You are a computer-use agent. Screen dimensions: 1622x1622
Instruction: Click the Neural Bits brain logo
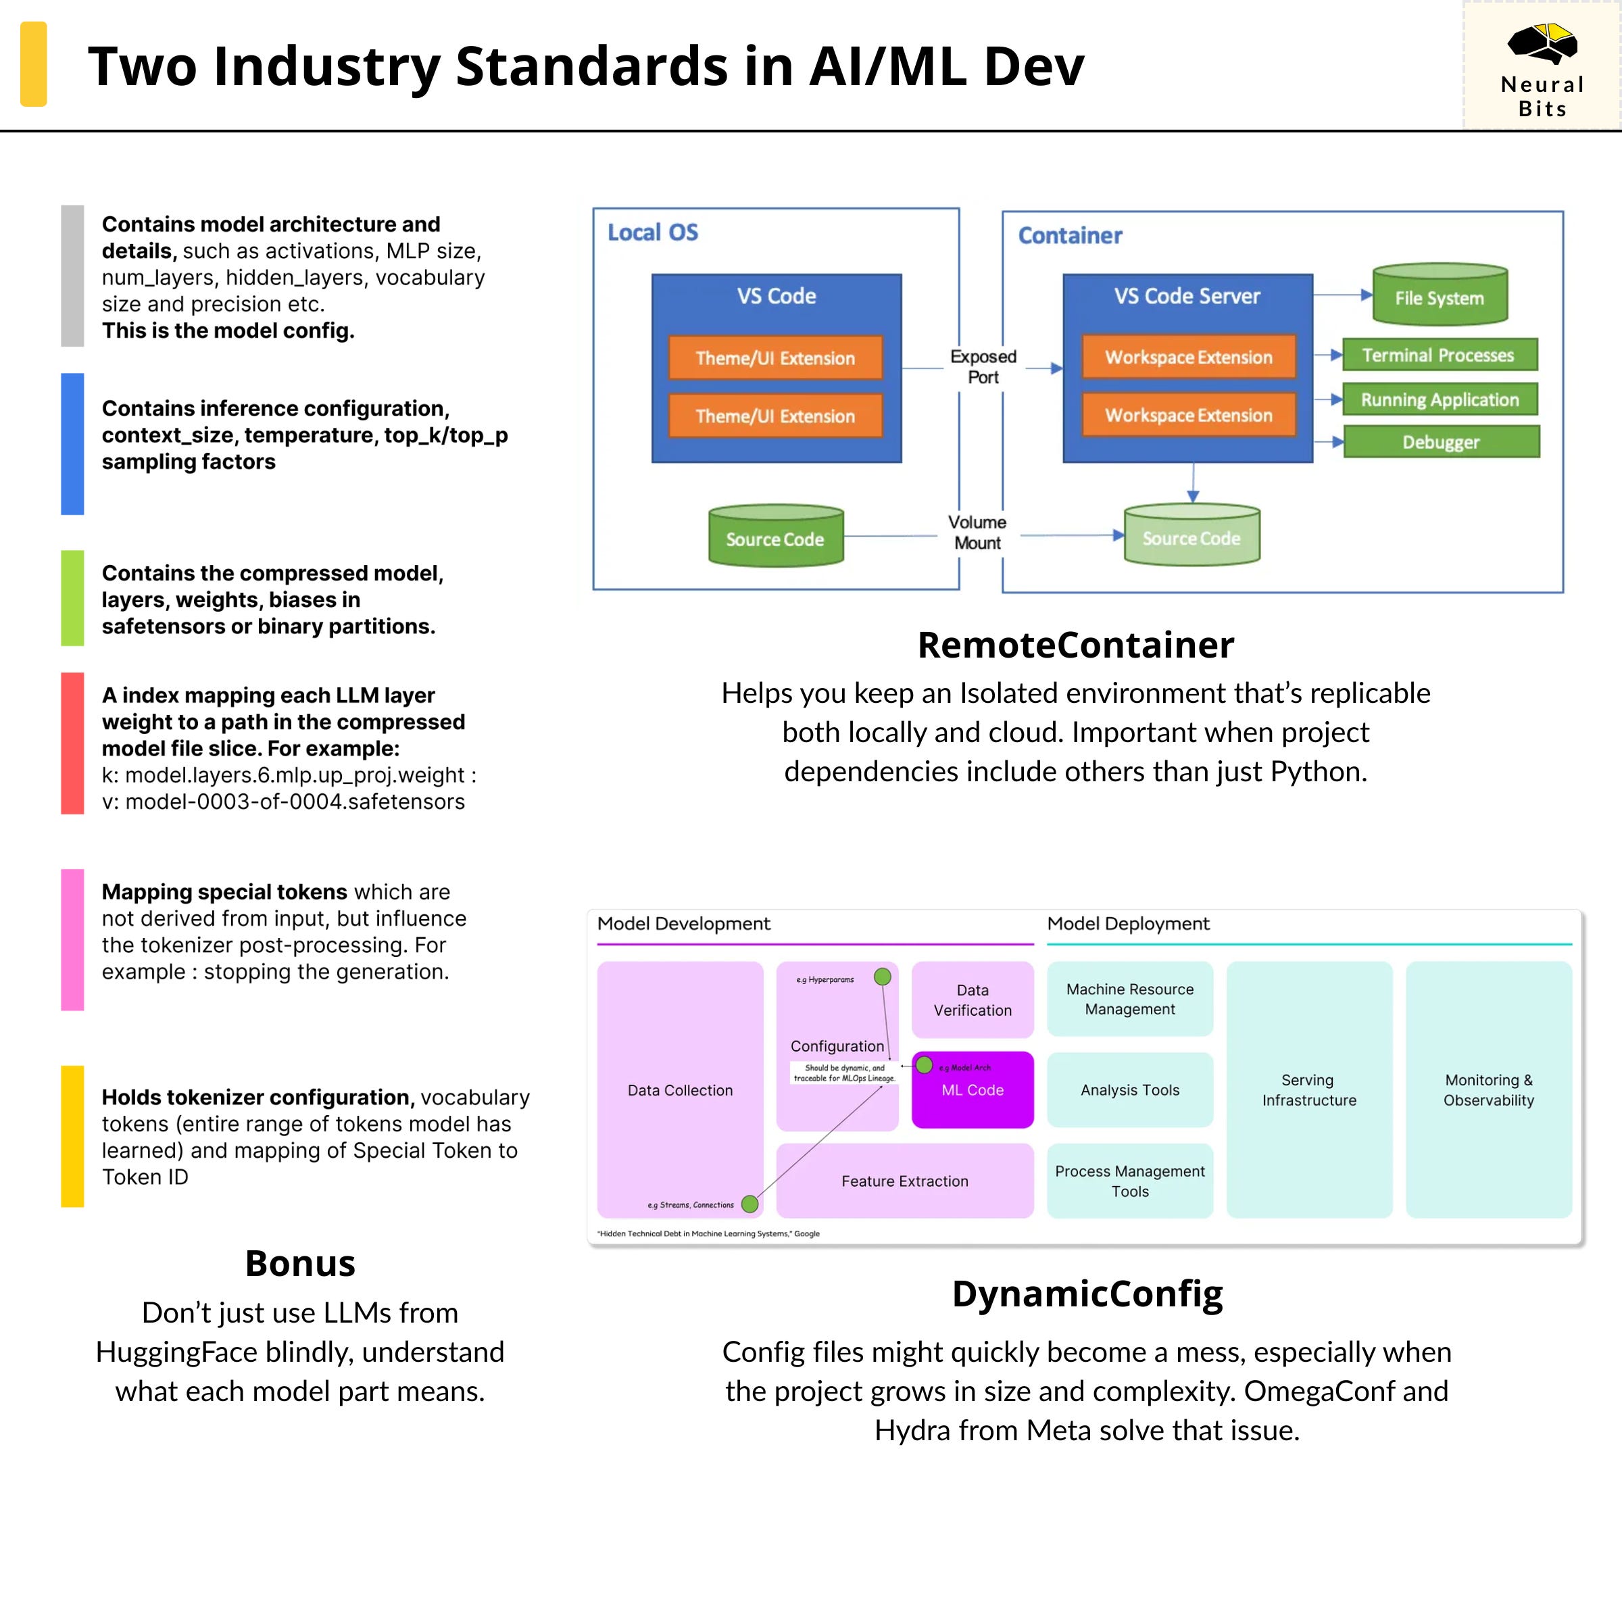pos(1542,44)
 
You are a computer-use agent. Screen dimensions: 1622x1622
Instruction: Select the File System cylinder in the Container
pos(1439,295)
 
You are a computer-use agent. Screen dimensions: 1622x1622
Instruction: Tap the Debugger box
pos(1441,441)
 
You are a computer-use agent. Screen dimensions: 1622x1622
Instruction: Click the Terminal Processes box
pos(1439,355)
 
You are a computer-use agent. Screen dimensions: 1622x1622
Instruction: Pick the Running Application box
pos(1439,399)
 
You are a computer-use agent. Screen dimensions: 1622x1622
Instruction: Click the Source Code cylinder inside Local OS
pos(775,537)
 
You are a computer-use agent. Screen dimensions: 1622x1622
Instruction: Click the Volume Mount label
pos(977,533)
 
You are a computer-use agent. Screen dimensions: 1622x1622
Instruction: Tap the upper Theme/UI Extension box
pos(775,358)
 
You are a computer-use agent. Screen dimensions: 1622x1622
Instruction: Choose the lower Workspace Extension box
pos(1188,415)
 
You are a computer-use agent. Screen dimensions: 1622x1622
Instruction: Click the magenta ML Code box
pos(973,1089)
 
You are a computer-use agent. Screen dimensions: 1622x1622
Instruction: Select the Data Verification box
pos(973,1000)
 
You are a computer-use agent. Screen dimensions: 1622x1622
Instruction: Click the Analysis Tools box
pos(1129,1089)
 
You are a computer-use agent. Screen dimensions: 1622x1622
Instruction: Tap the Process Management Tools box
pos(1129,1181)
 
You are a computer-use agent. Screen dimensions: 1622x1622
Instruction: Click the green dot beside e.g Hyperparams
pos(883,977)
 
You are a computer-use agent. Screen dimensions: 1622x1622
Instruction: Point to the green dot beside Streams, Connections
pos(749,1204)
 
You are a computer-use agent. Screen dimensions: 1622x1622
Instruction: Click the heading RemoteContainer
pos(1075,645)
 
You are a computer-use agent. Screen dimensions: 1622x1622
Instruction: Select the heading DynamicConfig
pos(1087,1294)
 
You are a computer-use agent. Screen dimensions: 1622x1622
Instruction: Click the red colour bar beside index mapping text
pos(72,743)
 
